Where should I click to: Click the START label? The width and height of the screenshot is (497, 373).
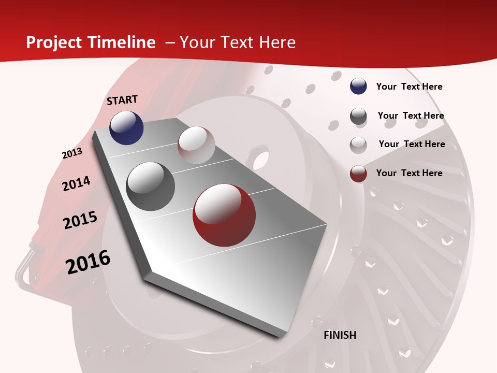coord(122,100)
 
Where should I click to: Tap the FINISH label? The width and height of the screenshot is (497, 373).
coord(340,335)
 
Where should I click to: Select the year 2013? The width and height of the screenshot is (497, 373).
coord(72,153)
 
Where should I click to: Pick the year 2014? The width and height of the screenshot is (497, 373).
coord(76,184)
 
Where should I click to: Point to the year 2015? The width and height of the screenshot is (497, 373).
coord(80,220)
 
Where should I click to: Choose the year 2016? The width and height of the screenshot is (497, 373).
coord(88,262)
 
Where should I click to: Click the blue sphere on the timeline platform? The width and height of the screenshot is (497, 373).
coord(126,127)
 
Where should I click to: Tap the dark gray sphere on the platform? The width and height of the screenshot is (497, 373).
coord(150,187)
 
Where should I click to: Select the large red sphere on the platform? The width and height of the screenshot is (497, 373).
coord(224,215)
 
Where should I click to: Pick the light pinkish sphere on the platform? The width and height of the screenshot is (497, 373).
coord(196,145)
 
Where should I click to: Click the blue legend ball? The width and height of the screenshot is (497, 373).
coord(358,87)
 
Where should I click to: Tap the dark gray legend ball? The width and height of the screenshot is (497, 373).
coord(358,116)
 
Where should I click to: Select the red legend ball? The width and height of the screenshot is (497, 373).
coord(358,174)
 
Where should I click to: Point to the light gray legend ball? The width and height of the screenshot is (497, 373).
coord(358,145)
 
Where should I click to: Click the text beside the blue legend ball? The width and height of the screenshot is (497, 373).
coord(409,87)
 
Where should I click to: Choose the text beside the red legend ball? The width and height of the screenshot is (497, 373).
coord(409,173)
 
